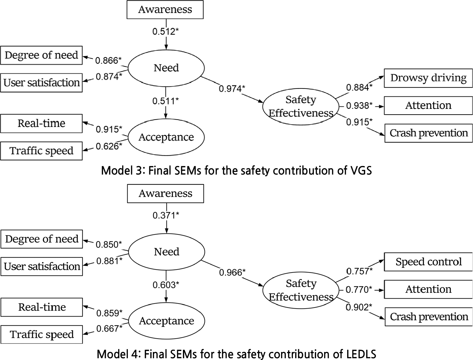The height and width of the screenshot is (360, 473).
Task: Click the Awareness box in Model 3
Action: click(x=165, y=10)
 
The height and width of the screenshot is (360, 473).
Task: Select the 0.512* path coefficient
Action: click(x=166, y=31)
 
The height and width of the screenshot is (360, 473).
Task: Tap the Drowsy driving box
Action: click(x=428, y=78)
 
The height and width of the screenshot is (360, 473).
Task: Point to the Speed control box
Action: click(x=428, y=262)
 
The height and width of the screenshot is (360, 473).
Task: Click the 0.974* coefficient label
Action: click(x=232, y=89)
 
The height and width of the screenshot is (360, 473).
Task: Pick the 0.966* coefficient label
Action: click(x=232, y=273)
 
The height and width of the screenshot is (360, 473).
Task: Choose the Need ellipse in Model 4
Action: click(x=167, y=252)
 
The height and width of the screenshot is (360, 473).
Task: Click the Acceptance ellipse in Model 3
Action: click(x=166, y=137)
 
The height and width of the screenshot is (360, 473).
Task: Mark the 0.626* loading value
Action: click(x=109, y=146)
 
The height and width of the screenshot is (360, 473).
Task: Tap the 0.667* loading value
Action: click(x=109, y=329)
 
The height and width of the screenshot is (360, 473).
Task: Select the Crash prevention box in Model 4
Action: click(x=429, y=317)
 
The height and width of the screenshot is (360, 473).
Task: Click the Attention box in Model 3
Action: click(x=428, y=106)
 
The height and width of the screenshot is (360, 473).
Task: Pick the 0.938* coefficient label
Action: click(x=359, y=106)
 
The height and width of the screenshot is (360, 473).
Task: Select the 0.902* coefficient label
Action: click(x=359, y=307)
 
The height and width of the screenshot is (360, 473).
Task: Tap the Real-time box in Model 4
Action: click(x=42, y=307)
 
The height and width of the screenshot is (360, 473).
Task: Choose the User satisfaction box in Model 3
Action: click(x=41, y=83)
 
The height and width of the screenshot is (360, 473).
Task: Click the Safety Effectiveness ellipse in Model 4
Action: click(x=301, y=290)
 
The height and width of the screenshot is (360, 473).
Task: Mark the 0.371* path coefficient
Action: click(x=166, y=215)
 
